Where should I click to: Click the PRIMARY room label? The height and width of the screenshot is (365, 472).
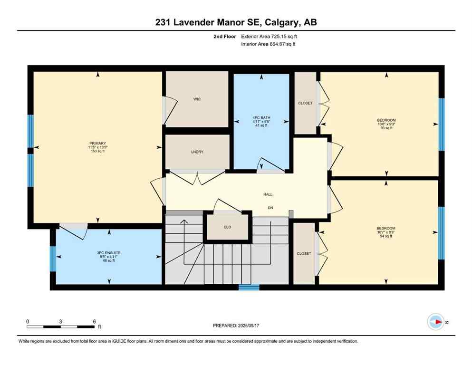point(96,143)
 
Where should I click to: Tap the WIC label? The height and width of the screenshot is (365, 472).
point(197,99)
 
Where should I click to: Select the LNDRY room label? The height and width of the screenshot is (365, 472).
point(197,152)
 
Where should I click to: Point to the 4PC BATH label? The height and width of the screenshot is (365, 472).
point(261,116)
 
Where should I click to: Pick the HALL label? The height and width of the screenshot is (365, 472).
point(268,194)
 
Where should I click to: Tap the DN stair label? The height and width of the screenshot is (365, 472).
point(270,207)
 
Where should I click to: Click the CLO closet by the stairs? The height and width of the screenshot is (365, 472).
point(227,227)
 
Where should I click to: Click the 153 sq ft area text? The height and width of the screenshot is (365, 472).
point(96,152)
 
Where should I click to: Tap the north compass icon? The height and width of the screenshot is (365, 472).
point(435,322)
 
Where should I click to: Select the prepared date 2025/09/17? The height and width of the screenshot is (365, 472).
point(236,326)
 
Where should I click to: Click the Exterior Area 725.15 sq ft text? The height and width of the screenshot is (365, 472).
point(271,36)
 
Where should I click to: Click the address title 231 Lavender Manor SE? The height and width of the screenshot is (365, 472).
point(236,22)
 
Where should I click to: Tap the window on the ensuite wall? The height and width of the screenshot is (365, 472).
point(53,259)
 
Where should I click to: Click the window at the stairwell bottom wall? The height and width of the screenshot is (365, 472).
point(249,287)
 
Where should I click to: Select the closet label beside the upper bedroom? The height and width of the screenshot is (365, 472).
point(305,103)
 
